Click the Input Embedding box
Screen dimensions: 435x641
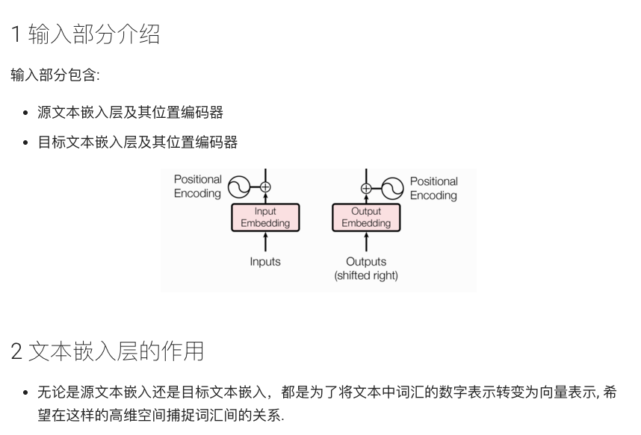coord(265,217)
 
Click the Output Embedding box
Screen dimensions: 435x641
coord(366,217)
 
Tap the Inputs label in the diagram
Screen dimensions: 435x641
coord(265,262)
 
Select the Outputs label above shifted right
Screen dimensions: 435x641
coord(366,262)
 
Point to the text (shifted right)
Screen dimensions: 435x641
coord(366,275)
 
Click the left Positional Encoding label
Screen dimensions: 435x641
coord(197,187)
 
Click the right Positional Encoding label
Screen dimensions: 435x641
coord(433,188)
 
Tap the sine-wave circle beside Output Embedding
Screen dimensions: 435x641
coord(393,187)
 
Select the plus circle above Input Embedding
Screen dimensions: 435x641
coord(265,187)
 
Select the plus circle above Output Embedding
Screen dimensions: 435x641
coord(366,188)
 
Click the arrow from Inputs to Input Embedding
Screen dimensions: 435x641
coord(265,242)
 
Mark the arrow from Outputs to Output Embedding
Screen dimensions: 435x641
coord(366,242)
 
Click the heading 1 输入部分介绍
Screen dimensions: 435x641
coord(85,34)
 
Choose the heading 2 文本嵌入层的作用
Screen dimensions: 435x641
coord(108,351)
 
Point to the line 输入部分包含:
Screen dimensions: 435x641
coord(55,75)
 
